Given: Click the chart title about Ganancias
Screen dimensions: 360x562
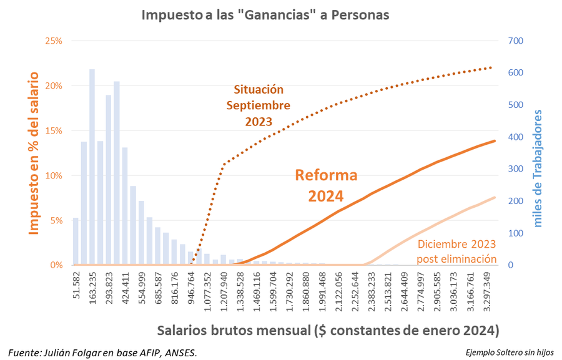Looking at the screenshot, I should click(x=265, y=14).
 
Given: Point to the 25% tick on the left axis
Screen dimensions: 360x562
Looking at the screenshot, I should click(x=54, y=41).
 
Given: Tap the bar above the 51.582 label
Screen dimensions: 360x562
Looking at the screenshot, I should click(x=76, y=241).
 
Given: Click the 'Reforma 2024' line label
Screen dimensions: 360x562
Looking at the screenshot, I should click(x=326, y=185).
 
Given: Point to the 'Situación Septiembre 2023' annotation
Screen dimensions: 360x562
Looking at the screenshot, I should click(x=259, y=105).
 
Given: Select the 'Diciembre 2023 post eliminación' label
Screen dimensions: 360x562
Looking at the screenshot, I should click(x=457, y=251).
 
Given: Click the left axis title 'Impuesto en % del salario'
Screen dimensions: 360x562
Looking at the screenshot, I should click(x=34, y=153).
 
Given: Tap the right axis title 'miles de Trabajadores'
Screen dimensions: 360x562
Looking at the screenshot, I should click(x=538, y=168).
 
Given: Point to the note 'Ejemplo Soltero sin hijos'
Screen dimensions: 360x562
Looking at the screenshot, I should click(x=509, y=353).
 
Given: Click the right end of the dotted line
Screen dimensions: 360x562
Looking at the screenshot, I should click(x=491, y=67).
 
